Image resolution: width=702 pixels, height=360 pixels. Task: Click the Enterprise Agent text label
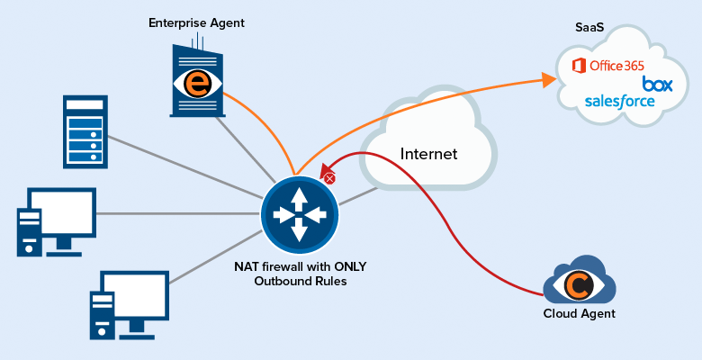[196, 22]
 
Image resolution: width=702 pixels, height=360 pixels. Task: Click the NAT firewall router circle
[299, 214]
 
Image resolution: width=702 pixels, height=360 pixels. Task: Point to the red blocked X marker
[329, 179]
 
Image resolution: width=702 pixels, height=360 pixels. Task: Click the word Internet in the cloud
[428, 154]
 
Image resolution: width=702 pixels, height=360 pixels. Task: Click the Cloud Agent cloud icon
[579, 283]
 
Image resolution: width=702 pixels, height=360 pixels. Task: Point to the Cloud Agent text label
[579, 314]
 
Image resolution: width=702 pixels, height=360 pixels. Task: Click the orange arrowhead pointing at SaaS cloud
[549, 81]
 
